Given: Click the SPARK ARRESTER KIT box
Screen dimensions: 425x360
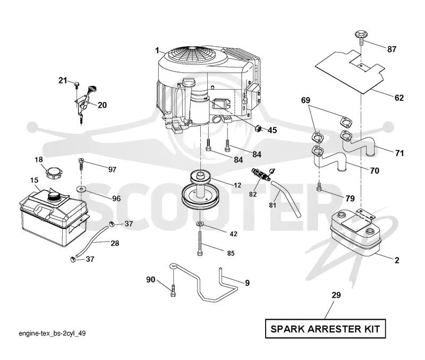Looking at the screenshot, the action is coord(325,329).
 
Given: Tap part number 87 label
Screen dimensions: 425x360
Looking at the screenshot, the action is coord(392,49).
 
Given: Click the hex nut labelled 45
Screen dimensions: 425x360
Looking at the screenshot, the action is coord(259,128).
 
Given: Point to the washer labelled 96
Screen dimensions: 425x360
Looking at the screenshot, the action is coord(81,189).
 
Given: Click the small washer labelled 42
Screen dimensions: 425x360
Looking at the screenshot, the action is coord(200,224).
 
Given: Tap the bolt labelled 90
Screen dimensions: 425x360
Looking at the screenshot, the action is coord(173,291).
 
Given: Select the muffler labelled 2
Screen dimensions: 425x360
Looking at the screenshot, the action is coord(355,234).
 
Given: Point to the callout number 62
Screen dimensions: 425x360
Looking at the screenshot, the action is coord(399,98).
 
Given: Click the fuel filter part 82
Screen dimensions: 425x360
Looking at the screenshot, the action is coord(261,175).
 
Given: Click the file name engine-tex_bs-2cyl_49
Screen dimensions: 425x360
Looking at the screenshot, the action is coord(52,333).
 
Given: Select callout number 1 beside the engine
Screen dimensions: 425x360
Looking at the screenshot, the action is coord(157,50).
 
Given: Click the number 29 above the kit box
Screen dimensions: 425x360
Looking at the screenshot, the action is coord(336,295).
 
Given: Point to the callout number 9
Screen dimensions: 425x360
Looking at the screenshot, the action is coord(247,283).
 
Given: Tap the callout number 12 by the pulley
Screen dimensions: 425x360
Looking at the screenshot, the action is coord(237,185).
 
